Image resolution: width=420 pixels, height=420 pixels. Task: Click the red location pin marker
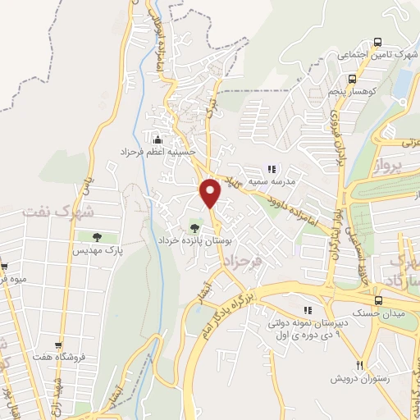coord(211,192)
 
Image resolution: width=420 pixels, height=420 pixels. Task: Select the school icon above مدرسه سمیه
coord(272,170)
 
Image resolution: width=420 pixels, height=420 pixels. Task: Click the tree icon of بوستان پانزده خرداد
coord(194,228)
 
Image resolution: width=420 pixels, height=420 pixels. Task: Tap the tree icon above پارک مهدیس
coord(96,238)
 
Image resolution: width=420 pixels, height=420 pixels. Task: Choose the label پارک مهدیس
coord(96,249)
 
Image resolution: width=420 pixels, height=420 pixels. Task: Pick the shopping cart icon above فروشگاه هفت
coord(57,346)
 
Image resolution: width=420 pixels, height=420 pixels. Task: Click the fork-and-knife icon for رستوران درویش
coord(358,365)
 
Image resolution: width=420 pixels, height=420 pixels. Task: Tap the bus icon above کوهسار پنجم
coord(352,80)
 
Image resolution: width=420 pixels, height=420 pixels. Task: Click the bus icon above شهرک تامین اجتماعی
coord(377,42)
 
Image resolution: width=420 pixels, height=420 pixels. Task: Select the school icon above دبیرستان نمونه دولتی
coord(308,310)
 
